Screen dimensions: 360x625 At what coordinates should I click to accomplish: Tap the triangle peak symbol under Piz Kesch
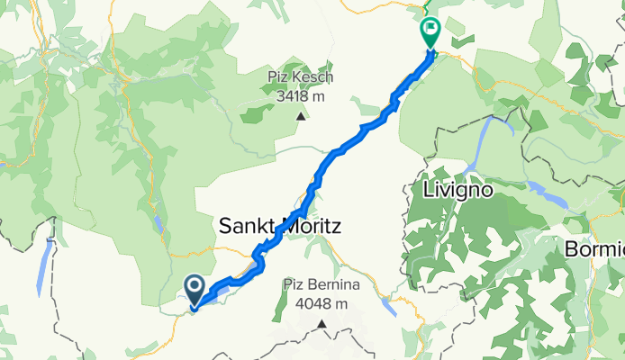[297, 115]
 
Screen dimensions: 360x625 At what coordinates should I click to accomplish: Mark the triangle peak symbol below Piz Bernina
[320, 323]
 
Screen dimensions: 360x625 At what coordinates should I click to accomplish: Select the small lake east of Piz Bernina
[389, 306]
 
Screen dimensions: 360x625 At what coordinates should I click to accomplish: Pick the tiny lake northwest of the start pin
[159, 225]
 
